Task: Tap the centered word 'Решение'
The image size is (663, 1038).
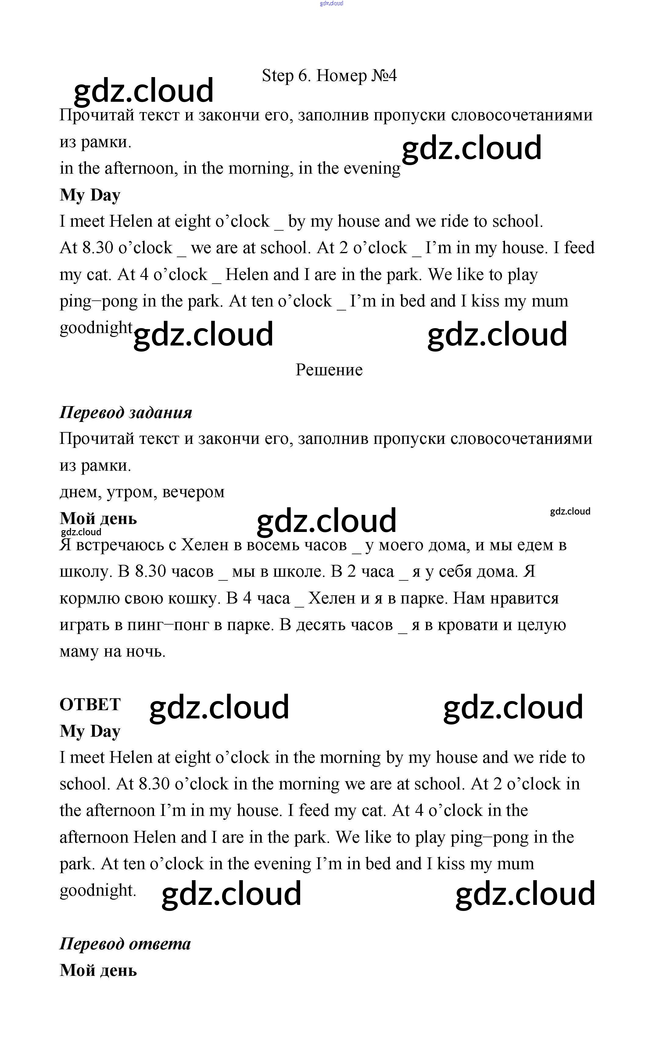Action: click(329, 370)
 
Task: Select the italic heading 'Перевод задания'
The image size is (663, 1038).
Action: click(126, 413)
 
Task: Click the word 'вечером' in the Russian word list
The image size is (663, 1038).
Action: click(193, 492)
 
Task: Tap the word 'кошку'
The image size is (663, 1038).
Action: click(194, 598)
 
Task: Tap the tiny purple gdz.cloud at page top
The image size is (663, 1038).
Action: click(331, 3)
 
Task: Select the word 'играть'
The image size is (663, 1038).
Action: click(84, 625)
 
